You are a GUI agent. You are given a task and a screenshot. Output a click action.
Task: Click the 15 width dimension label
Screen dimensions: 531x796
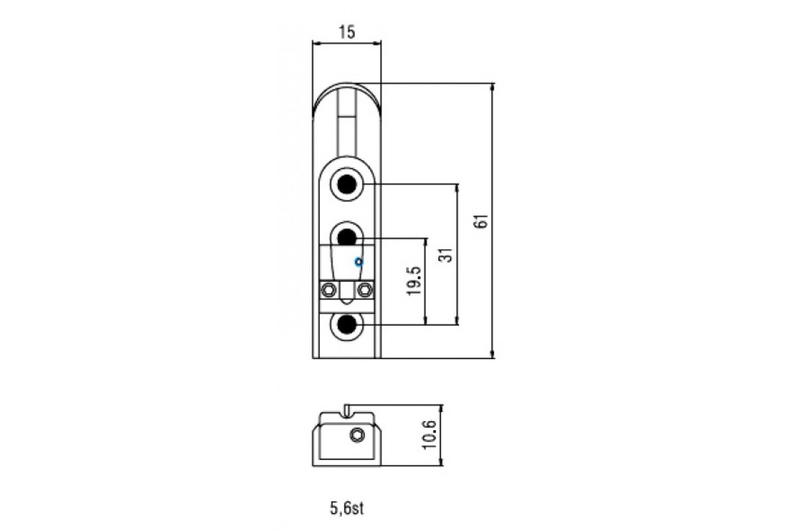click(x=347, y=31)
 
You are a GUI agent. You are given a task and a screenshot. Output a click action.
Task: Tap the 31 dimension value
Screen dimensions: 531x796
click(x=446, y=255)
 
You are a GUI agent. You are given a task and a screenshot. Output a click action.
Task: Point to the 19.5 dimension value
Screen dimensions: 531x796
click(x=414, y=281)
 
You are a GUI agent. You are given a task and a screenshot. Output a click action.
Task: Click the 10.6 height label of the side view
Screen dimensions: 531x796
click(x=430, y=436)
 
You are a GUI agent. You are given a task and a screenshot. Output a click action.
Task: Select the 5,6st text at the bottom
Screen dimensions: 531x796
click(x=347, y=509)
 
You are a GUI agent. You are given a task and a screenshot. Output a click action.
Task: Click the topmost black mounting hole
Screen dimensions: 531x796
click(x=347, y=183)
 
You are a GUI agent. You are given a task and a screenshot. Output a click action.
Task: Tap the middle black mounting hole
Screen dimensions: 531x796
click(x=347, y=236)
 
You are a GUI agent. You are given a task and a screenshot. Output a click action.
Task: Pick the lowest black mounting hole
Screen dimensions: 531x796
click(x=347, y=324)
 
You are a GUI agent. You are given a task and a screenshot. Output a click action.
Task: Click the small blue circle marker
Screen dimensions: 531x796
click(x=358, y=262)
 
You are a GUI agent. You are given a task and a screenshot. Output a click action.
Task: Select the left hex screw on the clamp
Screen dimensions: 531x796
click(x=327, y=289)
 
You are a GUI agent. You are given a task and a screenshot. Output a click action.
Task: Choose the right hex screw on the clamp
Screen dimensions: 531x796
click(x=364, y=289)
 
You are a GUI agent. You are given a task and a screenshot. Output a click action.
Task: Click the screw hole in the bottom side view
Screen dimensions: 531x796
click(x=358, y=435)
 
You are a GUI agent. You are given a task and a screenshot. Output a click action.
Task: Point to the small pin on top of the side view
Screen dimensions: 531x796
click(x=347, y=410)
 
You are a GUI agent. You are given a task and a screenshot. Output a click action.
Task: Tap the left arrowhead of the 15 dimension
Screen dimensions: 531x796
click(x=314, y=44)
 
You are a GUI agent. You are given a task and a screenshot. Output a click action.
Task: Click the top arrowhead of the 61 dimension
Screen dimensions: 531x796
click(x=492, y=87)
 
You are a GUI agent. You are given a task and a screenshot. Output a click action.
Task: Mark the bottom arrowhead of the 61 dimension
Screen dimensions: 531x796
click(x=492, y=354)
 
